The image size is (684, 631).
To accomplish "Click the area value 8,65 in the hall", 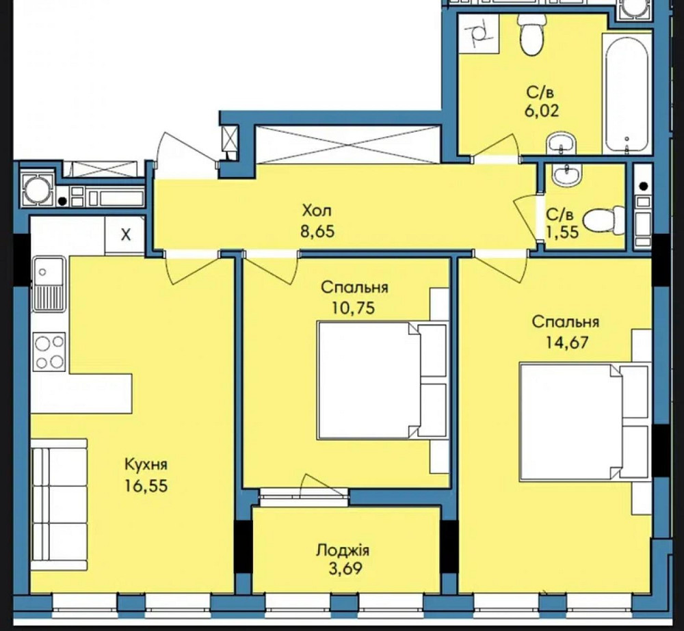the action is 317,231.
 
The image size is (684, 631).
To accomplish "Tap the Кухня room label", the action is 146,465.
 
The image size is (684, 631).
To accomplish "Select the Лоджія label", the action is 343,550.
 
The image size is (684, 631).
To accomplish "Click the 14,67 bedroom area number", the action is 566,343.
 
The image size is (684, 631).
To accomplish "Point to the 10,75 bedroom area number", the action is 354,308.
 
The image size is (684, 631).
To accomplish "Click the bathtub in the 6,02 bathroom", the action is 627,92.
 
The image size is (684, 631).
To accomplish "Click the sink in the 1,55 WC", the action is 566,175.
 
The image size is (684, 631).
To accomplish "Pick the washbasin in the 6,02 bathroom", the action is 562,144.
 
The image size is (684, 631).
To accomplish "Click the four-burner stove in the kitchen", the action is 50,352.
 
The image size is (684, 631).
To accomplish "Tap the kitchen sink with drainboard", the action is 49,284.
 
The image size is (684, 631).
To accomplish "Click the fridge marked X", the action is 124,235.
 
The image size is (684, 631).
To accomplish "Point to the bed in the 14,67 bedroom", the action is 585,422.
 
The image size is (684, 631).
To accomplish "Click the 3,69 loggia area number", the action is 345,569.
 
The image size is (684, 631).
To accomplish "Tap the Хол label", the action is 317,211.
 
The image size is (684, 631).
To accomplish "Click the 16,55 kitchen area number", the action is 146,485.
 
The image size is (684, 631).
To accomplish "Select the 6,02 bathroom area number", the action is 541,111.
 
